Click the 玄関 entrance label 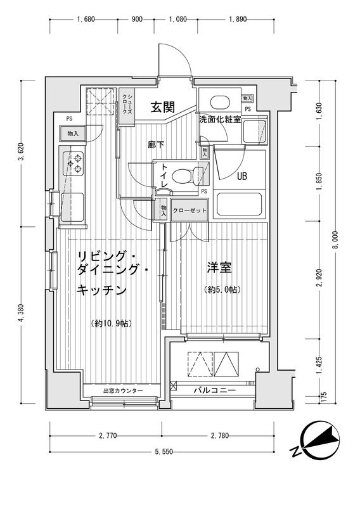(162, 107)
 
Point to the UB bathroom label (242, 177)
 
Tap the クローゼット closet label (188, 210)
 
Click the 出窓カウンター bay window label (123, 390)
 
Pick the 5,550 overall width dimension (165, 451)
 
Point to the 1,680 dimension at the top (86, 20)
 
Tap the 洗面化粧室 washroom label (219, 119)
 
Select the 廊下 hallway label (156, 145)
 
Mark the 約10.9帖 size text (110, 324)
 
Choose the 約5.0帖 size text (222, 290)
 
